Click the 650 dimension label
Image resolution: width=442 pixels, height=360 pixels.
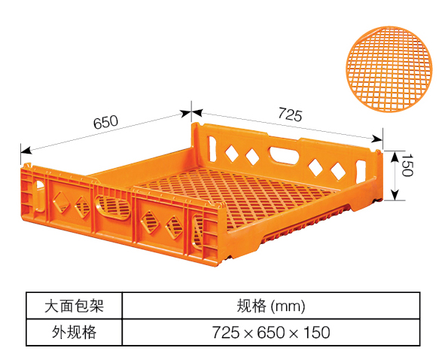click(105, 122)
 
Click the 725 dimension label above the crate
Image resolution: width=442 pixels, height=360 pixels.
click(290, 114)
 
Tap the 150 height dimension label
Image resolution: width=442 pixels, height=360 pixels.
click(407, 165)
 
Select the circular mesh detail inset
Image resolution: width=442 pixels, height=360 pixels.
click(389, 69)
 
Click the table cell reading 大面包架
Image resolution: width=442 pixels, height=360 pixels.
click(74, 306)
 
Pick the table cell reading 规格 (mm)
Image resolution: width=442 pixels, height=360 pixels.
click(271, 306)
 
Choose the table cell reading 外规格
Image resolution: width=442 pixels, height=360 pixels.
click(74, 332)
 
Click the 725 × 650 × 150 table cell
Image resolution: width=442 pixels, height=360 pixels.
click(271, 332)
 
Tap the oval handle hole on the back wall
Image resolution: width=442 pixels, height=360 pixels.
click(284, 154)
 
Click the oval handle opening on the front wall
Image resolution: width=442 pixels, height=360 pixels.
click(113, 207)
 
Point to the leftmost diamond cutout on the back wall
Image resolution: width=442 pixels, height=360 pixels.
click(232, 154)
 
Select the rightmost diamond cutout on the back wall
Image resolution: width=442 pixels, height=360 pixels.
click(337, 171)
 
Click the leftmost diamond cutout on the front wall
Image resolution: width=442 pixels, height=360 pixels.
click(61, 203)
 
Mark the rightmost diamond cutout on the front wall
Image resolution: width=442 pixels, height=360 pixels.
click(173, 227)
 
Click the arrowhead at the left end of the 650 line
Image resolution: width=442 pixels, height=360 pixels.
click(26, 150)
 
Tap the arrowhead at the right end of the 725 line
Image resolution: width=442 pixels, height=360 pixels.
click(377, 139)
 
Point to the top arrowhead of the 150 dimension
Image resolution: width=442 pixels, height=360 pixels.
click(395, 157)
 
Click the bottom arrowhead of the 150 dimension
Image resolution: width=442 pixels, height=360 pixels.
click(395, 195)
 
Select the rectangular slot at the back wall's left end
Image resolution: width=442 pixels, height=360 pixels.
click(212, 149)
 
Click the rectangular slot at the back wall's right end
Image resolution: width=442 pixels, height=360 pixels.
click(361, 172)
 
